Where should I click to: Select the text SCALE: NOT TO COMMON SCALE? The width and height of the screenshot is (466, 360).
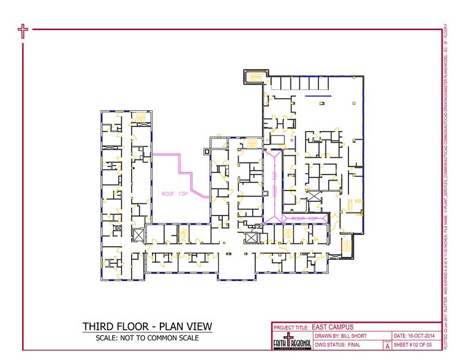pos(148,337)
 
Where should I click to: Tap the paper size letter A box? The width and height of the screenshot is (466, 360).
pos(387,346)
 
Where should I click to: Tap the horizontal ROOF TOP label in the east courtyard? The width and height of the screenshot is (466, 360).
pos(304,218)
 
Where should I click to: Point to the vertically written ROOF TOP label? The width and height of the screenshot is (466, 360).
pos(274,182)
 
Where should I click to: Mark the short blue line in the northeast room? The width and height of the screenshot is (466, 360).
pos(318,96)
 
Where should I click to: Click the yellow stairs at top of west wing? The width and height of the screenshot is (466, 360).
pos(140,117)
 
